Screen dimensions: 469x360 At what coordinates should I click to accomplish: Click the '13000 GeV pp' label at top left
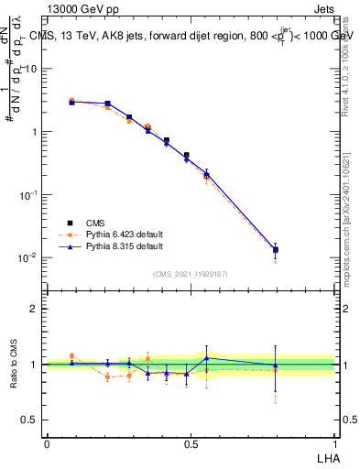click(82, 10)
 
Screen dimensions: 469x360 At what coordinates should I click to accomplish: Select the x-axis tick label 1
click(334, 443)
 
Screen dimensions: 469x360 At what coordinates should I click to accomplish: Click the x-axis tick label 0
click(46, 443)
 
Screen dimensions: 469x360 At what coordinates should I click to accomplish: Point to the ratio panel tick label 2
click(34, 309)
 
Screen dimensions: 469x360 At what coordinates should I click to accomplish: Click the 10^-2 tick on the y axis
click(27, 257)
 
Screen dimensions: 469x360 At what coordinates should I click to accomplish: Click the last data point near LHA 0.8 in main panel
click(275, 249)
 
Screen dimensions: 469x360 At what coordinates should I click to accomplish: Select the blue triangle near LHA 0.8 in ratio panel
click(275, 365)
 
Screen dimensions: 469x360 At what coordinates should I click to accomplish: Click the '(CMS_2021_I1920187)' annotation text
click(190, 274)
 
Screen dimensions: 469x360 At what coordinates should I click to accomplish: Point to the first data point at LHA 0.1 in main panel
click(72, 102)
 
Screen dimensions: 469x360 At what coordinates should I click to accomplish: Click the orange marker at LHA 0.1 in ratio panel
click(72, 356)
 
